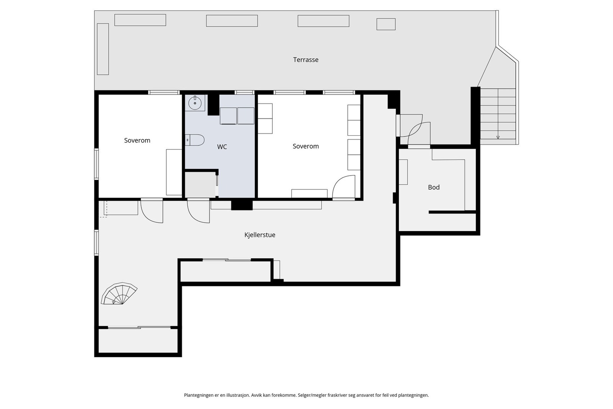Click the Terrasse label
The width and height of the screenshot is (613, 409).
(306, 60)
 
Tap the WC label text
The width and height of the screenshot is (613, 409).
(222, 147)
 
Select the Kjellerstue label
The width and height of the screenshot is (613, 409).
(260, 235)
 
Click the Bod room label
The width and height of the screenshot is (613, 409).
(434, 187)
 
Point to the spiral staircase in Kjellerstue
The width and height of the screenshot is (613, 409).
(119, 294)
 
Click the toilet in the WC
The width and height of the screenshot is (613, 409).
(195, 140)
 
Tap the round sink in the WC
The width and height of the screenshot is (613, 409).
(195, 103)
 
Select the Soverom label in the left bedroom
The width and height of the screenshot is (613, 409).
(137, 140)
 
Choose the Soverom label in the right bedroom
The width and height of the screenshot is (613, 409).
(306, 146)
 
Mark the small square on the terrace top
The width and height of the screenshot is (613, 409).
(386, 24)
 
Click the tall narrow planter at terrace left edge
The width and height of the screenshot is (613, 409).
(103, 49)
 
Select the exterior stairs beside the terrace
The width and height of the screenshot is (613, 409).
(498, 116)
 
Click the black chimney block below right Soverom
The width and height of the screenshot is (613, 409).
(242, 205)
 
